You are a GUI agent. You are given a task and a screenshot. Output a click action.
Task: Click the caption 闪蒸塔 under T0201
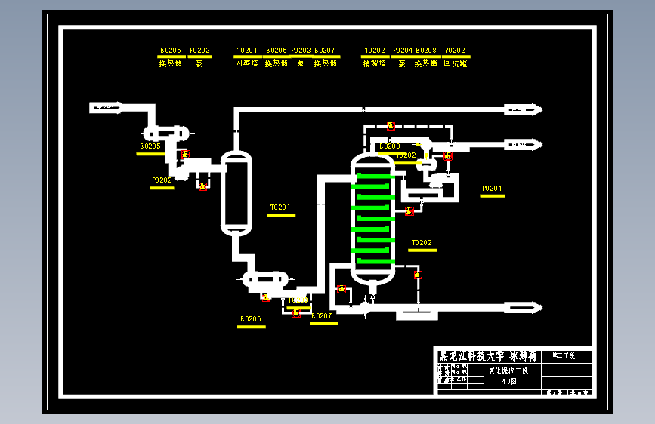click(246, 64)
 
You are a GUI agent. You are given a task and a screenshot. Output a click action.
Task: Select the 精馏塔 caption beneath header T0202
click(374, 64)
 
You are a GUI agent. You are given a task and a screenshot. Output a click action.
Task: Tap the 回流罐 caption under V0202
click(456, 64)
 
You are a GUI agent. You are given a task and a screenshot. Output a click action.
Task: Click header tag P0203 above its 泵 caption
click(301, 51)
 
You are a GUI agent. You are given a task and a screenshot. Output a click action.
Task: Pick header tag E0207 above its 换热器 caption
click(325, 51)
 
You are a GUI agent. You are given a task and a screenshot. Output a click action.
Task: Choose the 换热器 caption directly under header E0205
click(170, 64)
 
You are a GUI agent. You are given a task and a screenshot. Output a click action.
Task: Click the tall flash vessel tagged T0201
click(236, 192)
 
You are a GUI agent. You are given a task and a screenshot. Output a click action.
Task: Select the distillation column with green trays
click(372, 219)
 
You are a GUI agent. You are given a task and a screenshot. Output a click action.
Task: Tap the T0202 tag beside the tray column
click(422, 243)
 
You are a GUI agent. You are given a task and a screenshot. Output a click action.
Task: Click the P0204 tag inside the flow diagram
click(492, 189)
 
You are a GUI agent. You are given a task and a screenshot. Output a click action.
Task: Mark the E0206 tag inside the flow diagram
click(251, 319)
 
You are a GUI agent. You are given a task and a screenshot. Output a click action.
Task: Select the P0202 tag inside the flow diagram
click(162, 180)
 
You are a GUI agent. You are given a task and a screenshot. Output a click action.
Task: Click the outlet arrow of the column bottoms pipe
click(531, 308)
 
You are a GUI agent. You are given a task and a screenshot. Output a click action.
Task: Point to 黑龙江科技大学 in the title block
click(465, 355)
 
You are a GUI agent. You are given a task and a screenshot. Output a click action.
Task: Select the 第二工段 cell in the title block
click(564, 355)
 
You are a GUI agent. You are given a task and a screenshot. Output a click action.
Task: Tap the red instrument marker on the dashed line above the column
click(391, 126)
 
